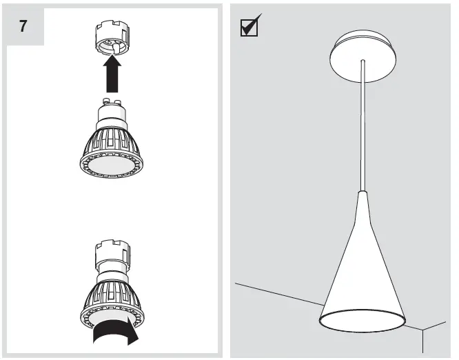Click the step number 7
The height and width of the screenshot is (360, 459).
(x=25, y=27)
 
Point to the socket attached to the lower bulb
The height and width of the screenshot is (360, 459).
(x=110, y=254)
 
